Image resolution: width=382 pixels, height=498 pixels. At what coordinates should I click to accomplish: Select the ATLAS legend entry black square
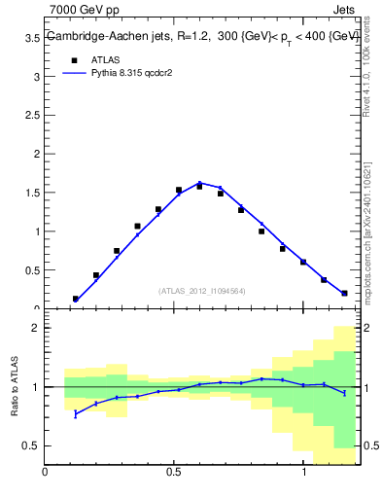click(61, 60)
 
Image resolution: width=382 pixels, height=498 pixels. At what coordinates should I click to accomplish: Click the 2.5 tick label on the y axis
click(33, 115)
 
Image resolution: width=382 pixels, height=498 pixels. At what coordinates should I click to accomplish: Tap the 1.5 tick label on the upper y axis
click(33, 193)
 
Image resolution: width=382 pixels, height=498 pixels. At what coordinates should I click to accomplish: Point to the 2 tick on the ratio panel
click(37, 328)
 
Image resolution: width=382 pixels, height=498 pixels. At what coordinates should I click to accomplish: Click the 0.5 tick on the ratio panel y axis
click(33, 445)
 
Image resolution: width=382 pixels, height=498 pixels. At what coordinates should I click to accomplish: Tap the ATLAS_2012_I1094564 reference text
click(201, 290)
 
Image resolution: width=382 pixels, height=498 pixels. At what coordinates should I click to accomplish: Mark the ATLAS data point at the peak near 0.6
click(199, 185)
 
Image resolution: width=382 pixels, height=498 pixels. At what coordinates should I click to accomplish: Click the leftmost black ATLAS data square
click(75, 299)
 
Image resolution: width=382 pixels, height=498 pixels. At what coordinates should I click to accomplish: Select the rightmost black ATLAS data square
click(344, 293)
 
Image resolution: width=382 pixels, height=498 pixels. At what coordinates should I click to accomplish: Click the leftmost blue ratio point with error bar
click(75, 413)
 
